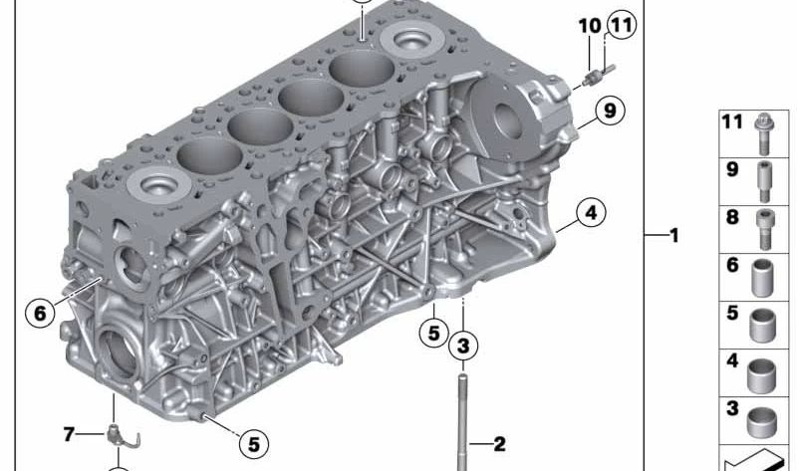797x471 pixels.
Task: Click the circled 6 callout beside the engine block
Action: coord(40,313)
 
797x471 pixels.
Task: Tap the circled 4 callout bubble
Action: coord(591,212)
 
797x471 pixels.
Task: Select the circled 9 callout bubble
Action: coord(610,110)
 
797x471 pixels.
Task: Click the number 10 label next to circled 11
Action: coord(590,26)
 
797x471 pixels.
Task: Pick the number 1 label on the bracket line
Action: coord(674,235)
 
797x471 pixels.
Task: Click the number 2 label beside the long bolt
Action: coord(500,444)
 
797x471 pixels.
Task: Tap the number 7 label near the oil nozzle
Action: coord(69,434)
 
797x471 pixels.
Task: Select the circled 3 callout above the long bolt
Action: coord(463,346)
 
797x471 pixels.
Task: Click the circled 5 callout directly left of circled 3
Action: coord(433,333)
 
